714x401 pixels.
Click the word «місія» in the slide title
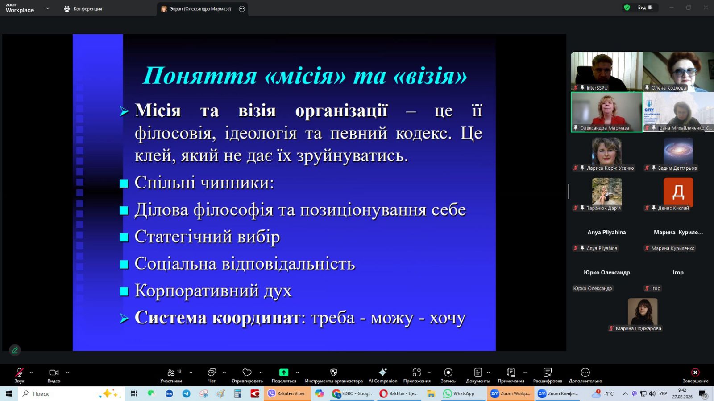tap(305, 76)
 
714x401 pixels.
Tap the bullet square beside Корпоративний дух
tap(124, 291)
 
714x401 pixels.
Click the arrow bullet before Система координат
tap(124, 318)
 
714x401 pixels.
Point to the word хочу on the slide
tap(448, 318)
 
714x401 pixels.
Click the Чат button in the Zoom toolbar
tap(212, 376)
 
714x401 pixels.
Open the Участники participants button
tap(171, 376)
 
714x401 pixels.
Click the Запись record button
tap(448, 376)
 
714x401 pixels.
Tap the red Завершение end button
tap(695, 376)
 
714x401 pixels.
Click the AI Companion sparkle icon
tap(382, 372)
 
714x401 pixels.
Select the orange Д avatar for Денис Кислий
tap(678, 192)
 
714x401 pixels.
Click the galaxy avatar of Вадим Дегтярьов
tap(678, 152)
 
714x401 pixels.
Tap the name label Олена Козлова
tap(668, 88)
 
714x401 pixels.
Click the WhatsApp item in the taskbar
tap(459, 394)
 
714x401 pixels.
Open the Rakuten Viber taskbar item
tap(286, 394)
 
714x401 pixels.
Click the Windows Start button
tap(8, 394)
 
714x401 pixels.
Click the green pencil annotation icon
tap(15, 350)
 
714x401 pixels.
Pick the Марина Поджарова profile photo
tap(642, 311)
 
